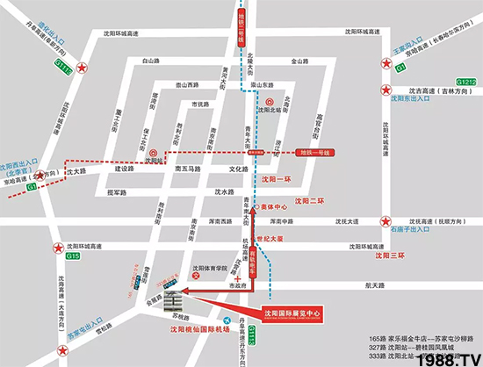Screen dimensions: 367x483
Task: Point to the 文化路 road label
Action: click(240, 169)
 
